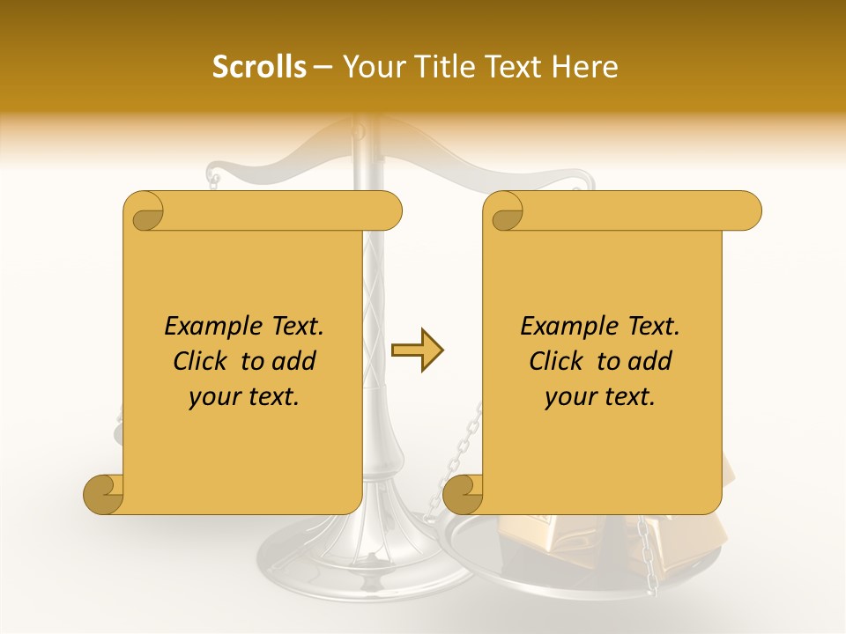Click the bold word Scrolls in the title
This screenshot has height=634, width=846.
tap(259, 67)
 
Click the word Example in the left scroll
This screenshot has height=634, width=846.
tap(204, 326)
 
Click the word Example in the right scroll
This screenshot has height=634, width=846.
tap(560, 326)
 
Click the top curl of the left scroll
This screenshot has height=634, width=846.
tap(145, 211)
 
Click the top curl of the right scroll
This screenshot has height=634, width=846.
tap(504, 211)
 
